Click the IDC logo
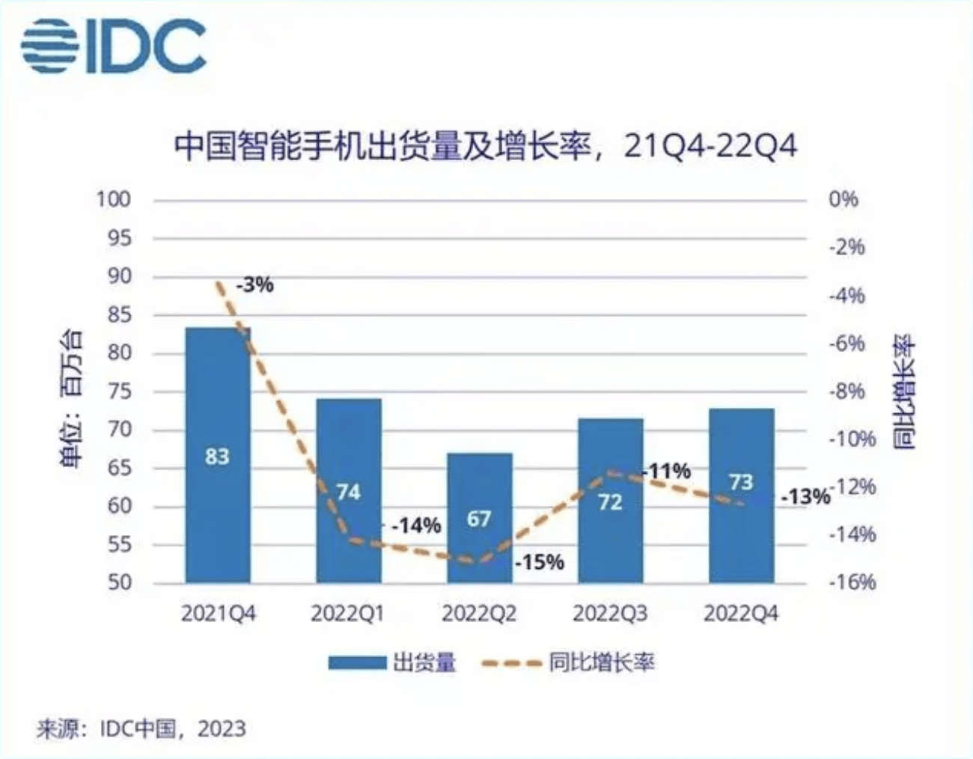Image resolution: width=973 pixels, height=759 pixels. click(x=113, y=46)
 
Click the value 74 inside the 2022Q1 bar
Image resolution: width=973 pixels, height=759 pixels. click(x=348, y=492)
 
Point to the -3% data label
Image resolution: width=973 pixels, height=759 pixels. click(x=254, y=285)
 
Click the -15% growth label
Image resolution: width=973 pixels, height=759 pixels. click(x=540, y=562)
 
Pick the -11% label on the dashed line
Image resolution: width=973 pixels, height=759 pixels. click(x=667, y=472)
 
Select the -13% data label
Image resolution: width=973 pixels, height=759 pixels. click(x=805, y=497)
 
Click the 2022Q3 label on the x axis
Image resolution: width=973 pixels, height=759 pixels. click(x=610, y=614)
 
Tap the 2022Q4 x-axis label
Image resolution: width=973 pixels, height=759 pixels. click(x=741, y=614)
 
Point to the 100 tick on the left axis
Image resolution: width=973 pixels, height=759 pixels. click(x=113, y=199)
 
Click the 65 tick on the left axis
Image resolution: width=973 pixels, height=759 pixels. click(x=119, y=468)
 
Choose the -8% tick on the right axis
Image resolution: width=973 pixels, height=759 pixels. click(x=847, y=391)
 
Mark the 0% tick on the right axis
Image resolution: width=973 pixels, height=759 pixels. click(x=843, y=199)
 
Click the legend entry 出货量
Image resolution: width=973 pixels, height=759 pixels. click(x=424, y=662)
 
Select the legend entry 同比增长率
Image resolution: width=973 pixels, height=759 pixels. click(x=601, y=662)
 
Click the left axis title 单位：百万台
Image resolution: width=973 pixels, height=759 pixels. click(x=72, y=397)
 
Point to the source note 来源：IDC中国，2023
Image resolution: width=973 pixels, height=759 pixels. click(x=141, y=728)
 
